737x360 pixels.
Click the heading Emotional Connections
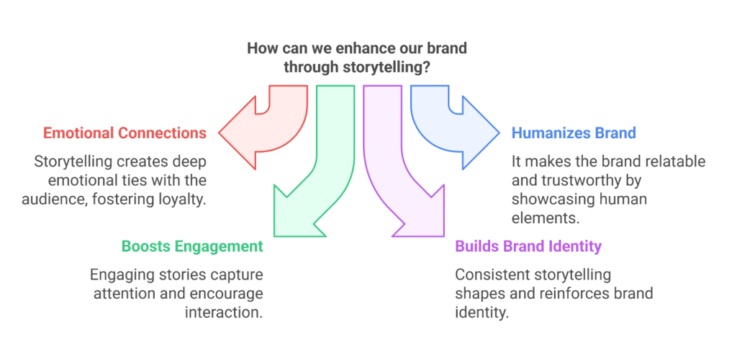pos(125,133)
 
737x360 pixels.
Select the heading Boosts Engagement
pos(192,246)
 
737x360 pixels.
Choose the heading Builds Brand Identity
pos(528,246)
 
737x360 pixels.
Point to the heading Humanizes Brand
pos(574,133)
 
